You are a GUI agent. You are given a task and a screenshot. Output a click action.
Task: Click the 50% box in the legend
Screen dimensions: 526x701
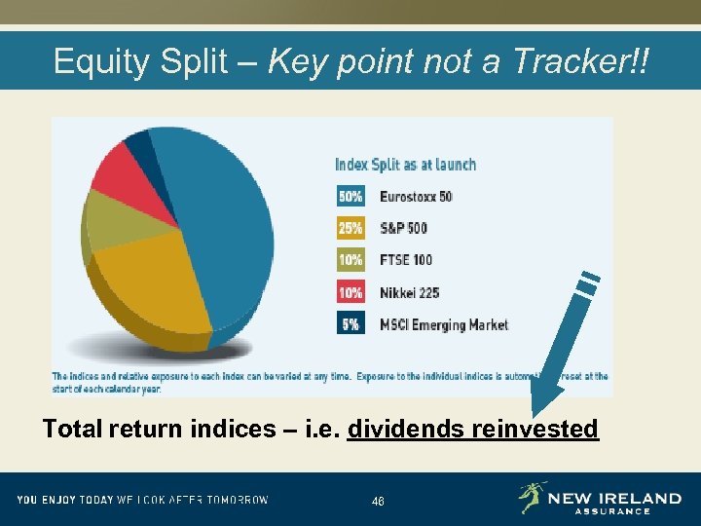click(x=350, y=196)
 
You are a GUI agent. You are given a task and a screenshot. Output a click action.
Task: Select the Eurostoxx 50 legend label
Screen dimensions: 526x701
click(x=416, y=196)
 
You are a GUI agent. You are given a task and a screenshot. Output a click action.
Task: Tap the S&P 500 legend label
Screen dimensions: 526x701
click(x=403, y=228)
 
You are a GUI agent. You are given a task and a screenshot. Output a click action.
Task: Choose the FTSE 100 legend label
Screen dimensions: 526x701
click(x=406, y=260)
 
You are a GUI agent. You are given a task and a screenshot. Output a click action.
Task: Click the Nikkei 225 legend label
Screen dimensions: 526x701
click(x=410, y=292)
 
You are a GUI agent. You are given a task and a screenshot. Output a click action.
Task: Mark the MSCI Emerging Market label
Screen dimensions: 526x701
click(x=444, y=324)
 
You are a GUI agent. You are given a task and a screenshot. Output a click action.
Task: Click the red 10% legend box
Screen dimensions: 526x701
click(x=350, y=292)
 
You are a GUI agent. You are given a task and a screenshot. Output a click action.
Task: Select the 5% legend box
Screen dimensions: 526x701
click(x=350, y=324)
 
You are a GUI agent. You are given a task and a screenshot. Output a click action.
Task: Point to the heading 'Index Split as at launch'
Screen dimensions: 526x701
click(x=405, y=164)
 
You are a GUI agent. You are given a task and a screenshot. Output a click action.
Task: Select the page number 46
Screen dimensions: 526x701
click(x=378, y=502)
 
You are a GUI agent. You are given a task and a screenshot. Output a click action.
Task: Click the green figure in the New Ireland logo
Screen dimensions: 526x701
click(x=532, y=497)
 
